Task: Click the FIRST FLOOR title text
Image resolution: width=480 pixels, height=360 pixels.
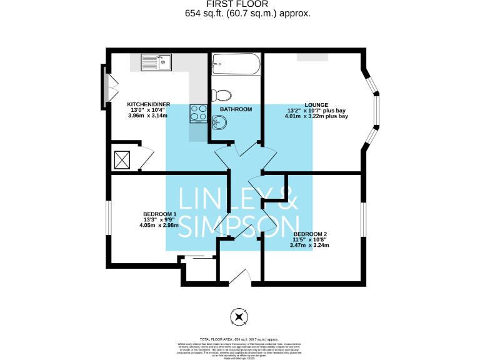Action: point(239,4)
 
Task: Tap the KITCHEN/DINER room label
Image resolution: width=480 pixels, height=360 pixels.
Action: point(149,104)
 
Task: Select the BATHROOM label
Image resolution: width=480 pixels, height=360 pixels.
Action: point(236,109)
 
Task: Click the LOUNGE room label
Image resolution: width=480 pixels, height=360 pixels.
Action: point(316,105)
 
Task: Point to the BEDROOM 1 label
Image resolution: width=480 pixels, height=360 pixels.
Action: point(160,214)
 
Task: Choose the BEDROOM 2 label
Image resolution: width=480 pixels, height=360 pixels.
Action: point(311,234)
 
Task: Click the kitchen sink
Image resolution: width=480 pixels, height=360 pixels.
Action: point(156,62)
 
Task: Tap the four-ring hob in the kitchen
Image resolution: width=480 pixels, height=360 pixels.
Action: point(199,112)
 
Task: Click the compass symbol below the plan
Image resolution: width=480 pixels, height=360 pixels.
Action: point(238,317)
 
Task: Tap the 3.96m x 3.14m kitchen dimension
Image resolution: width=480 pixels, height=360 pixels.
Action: point(149,116)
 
